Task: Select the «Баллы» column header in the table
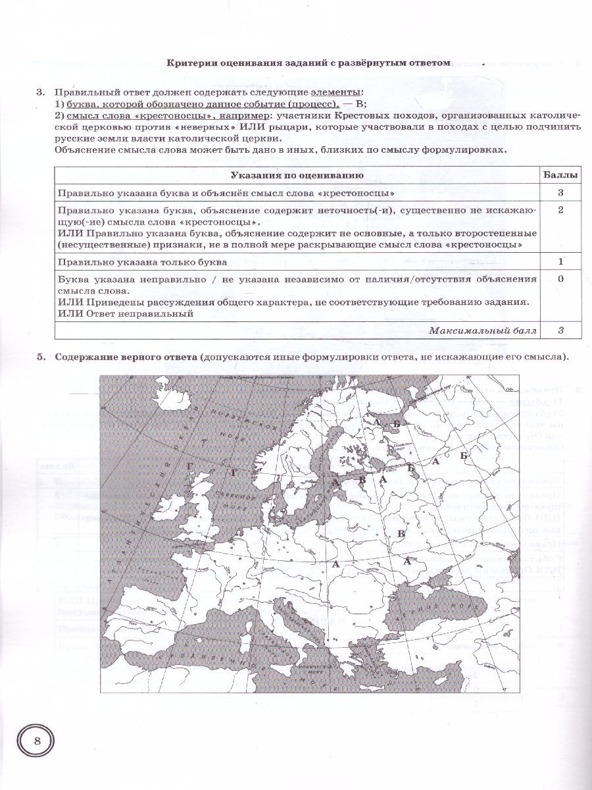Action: (x=561, y=175)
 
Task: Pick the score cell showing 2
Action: (x=560, y=209)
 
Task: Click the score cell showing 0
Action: (x=560, y=278)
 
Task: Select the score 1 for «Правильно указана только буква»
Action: (x=560, y=261)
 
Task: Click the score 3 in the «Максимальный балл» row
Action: (x=560, y=330)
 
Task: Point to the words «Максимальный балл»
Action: (x=482, y=330)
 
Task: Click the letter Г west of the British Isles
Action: (x=190, y=466)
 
